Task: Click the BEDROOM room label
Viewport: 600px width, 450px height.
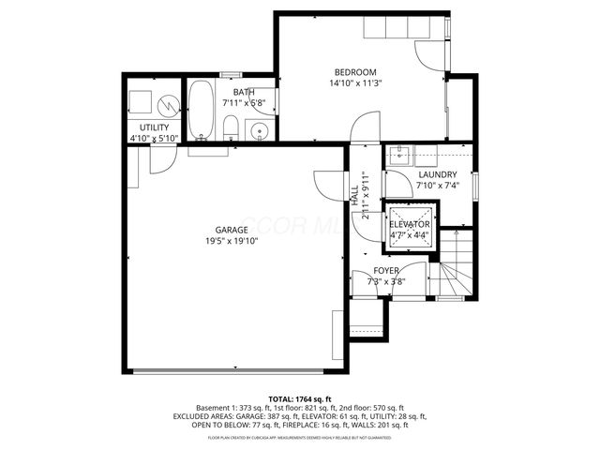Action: (x=355, y=72)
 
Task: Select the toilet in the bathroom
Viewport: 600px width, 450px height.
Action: (x=230, y=128)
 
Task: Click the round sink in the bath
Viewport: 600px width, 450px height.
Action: (x=262, y=130)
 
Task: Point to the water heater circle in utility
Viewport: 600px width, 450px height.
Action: (x=167, y=101)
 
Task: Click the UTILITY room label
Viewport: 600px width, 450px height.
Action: (x=155, y=127)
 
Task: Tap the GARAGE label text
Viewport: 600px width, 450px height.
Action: (x=232, y=230)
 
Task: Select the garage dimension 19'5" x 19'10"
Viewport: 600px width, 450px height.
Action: (x=232, y=241)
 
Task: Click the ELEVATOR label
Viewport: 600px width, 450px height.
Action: (x=410, y=225)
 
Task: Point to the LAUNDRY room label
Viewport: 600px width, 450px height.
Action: (x=437, y=174)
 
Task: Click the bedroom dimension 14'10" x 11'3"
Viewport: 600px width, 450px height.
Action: (x=355, y=83)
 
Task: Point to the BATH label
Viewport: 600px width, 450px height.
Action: (x=244, y=92)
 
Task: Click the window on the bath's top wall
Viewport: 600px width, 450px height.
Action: (x=231, y=74)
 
